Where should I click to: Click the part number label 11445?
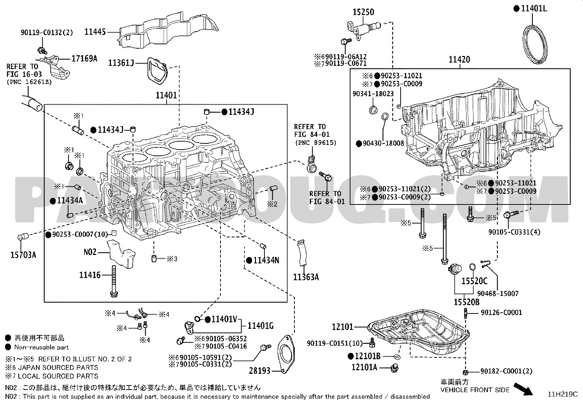click(95, 32)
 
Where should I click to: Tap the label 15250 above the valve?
click(363, 12)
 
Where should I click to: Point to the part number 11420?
click(460, 60)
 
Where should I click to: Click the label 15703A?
click(23, 255)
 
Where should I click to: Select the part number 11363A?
click(306, 277)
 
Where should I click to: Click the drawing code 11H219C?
click(562, 394)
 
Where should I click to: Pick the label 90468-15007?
click(498, 293)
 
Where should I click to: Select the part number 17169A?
click(84, 58)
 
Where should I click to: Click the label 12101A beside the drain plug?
click(364, 367)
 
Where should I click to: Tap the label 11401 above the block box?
click(166, 95)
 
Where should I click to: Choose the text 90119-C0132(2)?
click(47, 33)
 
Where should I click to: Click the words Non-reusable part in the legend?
click(41, 347)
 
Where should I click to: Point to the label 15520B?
click(467, 302)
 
